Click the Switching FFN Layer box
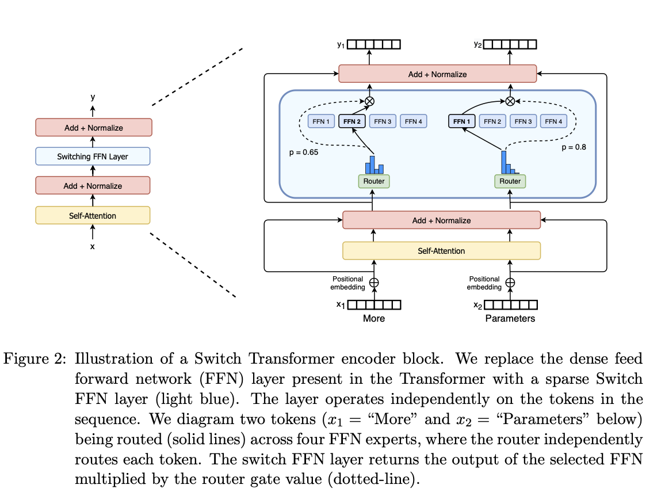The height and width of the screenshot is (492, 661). click(93, 157)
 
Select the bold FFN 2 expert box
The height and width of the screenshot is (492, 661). click(351, 121)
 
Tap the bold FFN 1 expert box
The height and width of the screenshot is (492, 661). click(461, 121)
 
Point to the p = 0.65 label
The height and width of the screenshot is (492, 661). click(303, 153)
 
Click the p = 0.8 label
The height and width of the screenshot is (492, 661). click(574, 147)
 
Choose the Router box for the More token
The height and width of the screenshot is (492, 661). click(373, 181)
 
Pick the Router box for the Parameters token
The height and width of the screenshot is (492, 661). click(510, 181)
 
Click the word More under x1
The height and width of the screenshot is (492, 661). click(374, 318)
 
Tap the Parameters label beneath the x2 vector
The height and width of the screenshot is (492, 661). click(510, 318)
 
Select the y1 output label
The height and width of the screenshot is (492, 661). click(341, 44)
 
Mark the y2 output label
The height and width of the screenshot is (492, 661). click(477, 44)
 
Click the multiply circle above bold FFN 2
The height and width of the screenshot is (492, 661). click(369, 101)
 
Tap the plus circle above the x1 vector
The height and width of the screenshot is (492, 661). click(374, 283)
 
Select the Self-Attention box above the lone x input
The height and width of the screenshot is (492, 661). click(93, 216)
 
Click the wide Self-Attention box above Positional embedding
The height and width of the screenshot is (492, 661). click(441, 251)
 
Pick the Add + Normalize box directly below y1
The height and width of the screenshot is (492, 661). click(437, 74)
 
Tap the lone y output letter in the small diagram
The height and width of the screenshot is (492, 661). click(93, 97)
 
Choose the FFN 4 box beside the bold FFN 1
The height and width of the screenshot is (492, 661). click(553, 121)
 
